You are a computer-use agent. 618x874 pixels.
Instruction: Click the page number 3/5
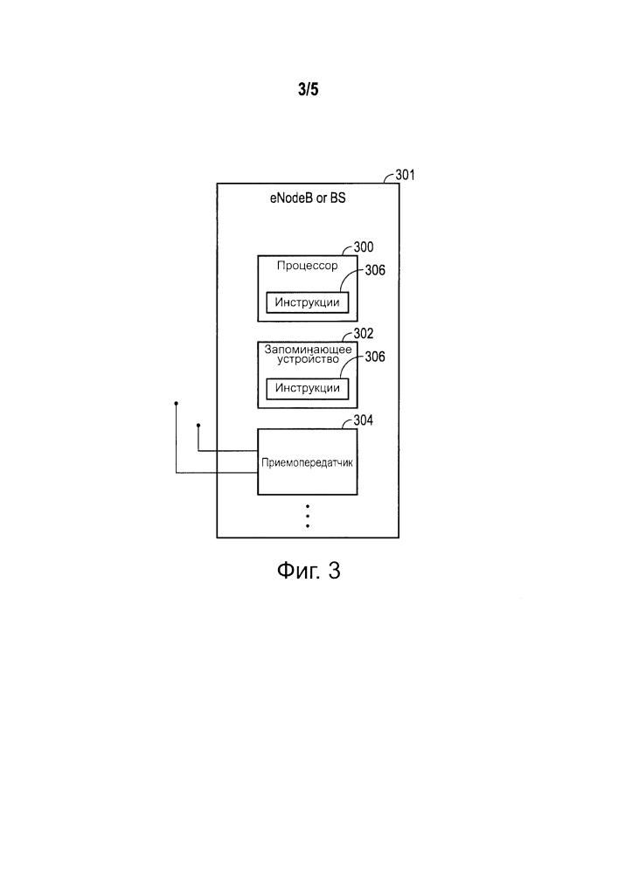point(309,89)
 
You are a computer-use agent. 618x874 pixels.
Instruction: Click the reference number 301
point(405,175)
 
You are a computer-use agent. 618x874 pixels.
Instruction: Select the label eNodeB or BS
point(308,198)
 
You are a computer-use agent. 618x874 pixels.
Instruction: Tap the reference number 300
point(364,247)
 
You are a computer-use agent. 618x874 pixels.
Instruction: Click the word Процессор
point(308,266)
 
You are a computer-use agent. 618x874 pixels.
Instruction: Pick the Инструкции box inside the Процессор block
point(308,302)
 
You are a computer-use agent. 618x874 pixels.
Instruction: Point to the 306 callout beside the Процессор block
point(375,270)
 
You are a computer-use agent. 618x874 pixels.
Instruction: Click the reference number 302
point(364,333)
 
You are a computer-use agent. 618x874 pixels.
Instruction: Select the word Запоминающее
point(309,350)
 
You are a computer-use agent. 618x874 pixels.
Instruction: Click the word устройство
point(309,359)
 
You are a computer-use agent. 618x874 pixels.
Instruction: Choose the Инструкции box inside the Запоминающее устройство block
point(308,389)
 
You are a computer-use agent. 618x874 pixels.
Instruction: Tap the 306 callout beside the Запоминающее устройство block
point(375,357)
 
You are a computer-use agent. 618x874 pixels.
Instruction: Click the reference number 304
point(364,420)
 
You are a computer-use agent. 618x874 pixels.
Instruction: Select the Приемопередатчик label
point(307,462)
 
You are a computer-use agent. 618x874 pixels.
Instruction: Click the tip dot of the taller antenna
point(176,403)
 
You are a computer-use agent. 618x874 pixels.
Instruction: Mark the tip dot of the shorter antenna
point(198,426)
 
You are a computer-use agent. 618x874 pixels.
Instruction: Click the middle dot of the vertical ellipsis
point(308,517)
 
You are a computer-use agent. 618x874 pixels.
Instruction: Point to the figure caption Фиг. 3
point(309,570)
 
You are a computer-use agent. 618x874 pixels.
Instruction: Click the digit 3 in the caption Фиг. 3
point(334,570)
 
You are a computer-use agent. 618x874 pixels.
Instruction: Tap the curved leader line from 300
point(347,250)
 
